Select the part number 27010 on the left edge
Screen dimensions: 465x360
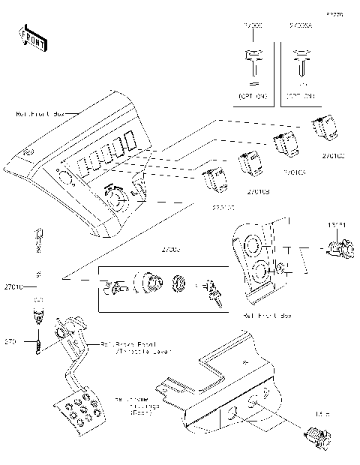13,286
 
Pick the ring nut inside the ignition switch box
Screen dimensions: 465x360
178,285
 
